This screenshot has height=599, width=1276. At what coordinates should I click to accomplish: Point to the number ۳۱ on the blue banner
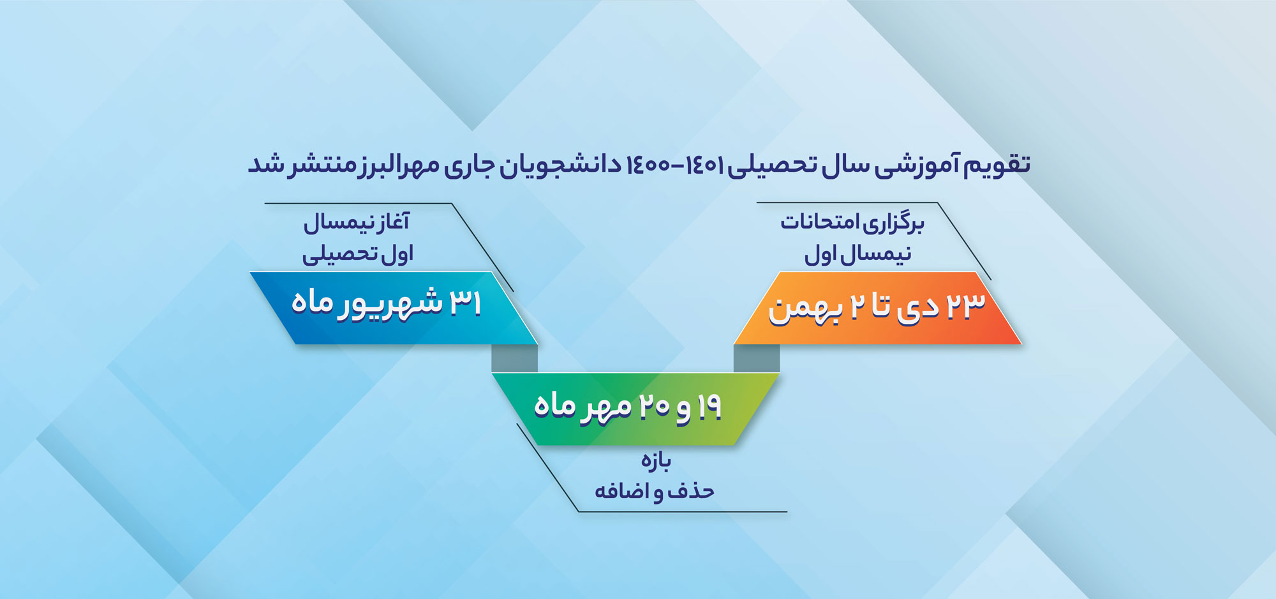[x=465, y=302]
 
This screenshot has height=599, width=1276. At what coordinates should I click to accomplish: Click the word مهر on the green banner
[x=606, y=407]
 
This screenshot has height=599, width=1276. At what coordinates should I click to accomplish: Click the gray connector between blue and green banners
[x=514, y=359]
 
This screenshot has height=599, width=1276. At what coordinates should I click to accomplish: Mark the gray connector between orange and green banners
[x=757, y=359]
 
